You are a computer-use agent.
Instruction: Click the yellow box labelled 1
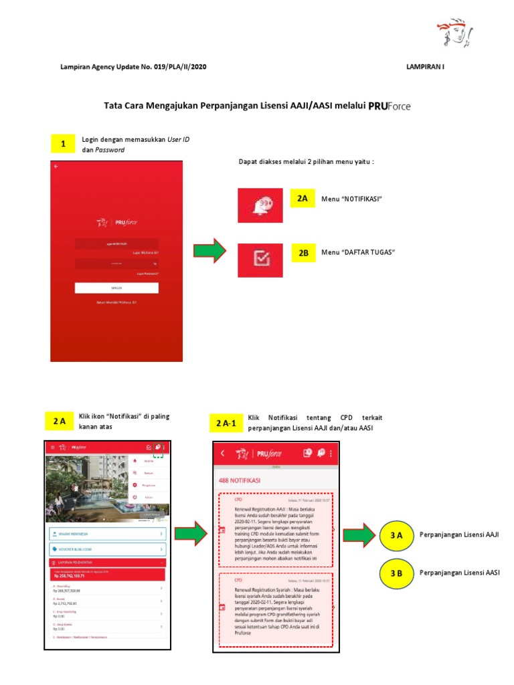pos(63,144)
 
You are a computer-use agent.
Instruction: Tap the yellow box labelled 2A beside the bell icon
pos(303,199)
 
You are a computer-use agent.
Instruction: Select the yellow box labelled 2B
pos(303,254)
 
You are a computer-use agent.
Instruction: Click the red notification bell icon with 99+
pos(260,205)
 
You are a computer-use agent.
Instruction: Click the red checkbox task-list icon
pos(260,260)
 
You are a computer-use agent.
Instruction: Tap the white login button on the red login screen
pos(116,288)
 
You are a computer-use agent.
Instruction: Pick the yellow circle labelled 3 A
pos(396,535)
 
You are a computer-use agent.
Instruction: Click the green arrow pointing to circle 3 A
pos(359,535)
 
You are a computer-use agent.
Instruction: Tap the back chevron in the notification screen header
pos(223,454)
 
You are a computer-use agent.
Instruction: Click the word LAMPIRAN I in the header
pos(425,68)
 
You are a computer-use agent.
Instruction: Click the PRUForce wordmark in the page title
pos(390,105)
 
